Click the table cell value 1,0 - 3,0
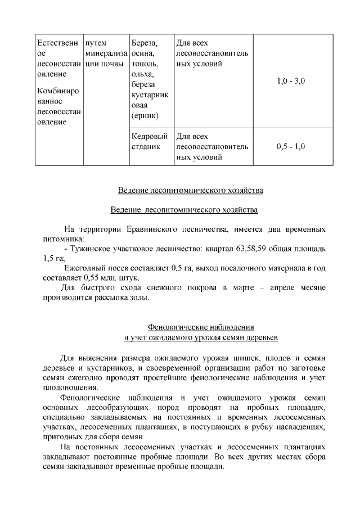click(x=291, y=82)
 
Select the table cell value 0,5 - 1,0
click(x=291, y=147)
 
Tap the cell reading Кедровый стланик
click(x=150, y=142)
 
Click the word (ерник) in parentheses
click(x=145, y=116)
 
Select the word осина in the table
click(x=143, y=53)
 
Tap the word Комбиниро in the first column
click(x=57, y=91)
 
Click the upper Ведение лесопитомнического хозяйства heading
click(x=190, y=190)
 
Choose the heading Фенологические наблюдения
click(x=200, y=327)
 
